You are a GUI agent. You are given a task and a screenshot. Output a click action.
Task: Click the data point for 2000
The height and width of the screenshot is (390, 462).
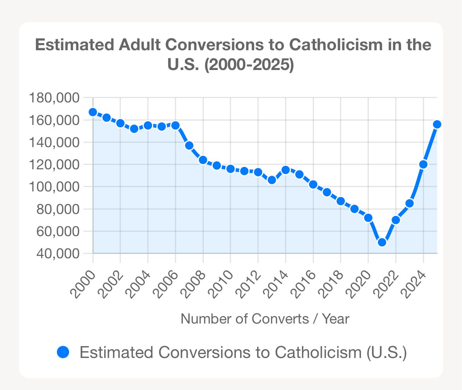tap(93, 112)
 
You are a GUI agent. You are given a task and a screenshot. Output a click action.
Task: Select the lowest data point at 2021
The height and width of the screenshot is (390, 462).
tap(382, 242)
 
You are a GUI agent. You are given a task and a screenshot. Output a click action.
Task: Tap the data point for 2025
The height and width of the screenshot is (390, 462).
tap(437, 124)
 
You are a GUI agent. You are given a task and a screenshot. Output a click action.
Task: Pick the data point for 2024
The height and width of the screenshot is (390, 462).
tap(423, 165)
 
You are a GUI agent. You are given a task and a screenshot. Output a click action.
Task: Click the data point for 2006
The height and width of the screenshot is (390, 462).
tap(175, 125)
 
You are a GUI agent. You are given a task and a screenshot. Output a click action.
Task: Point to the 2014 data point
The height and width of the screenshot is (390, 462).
tap(285, 170)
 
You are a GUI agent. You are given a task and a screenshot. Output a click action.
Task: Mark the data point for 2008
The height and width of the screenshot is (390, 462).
tap(203, 160)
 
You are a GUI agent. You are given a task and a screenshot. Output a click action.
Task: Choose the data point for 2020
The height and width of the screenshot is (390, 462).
tap(368, 218)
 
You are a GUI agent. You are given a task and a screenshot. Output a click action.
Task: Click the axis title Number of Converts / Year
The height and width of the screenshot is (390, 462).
tap(265, 319)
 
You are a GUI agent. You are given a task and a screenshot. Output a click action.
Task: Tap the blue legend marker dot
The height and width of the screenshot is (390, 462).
tap(63, 352)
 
